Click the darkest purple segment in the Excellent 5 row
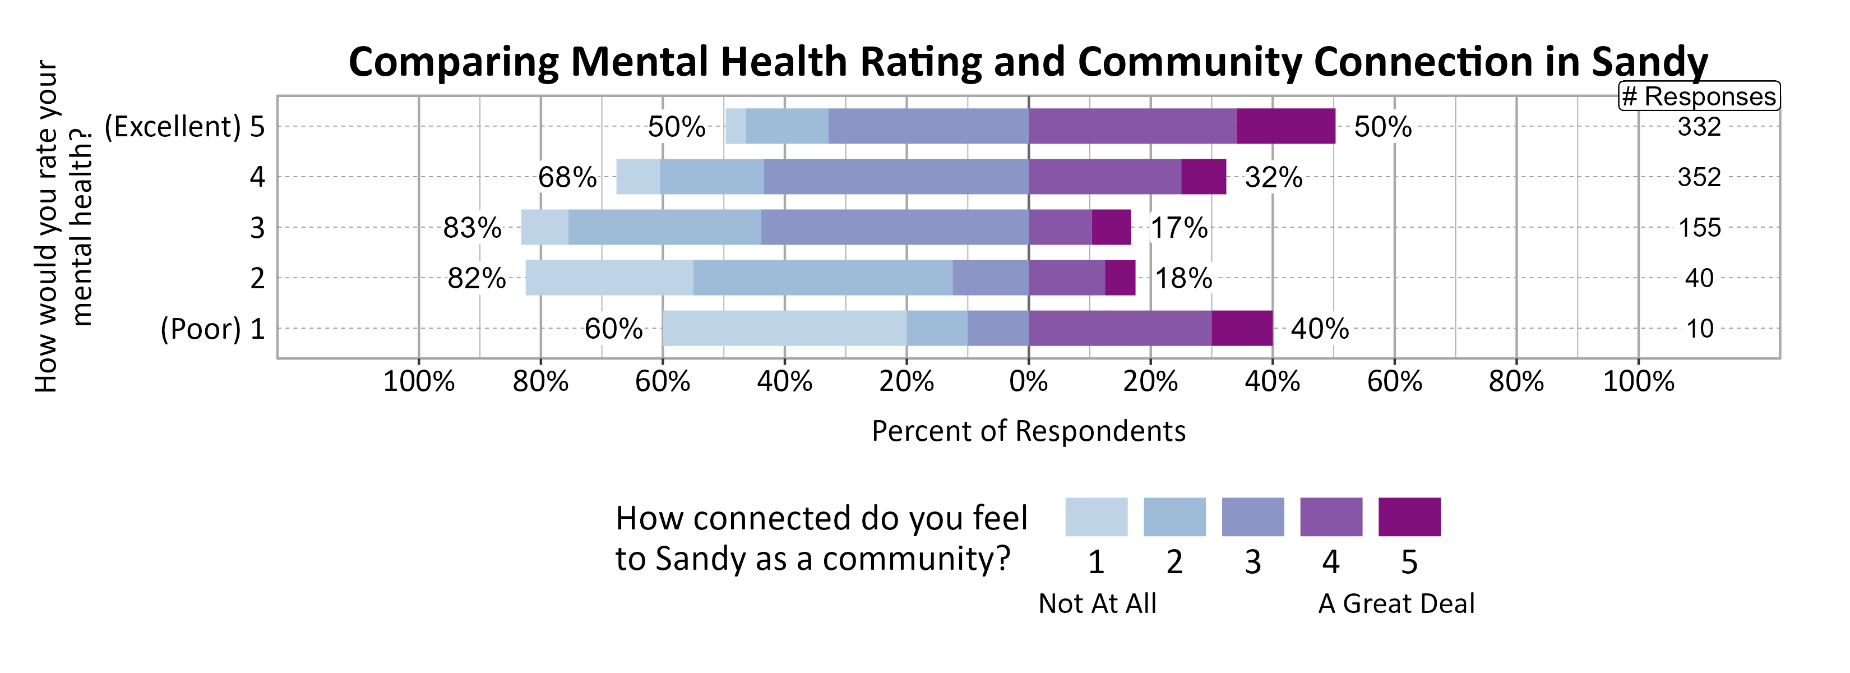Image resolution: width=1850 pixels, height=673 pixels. pos(1285,126)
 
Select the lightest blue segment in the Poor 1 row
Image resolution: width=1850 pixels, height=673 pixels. pos(784,328)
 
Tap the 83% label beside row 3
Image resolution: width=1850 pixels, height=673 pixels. pos(472,228)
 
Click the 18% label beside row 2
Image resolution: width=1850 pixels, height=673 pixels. pos(1183,278)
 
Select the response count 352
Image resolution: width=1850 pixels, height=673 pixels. pos(1699,177)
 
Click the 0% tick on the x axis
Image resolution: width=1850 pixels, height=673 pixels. pos(1028,381)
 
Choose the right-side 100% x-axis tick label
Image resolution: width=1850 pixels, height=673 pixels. pos(1638,381)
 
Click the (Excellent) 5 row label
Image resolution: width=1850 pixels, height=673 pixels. pos(184,126)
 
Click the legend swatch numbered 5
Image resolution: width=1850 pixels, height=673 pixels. pos(1409,517)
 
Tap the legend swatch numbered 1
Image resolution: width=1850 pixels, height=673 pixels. pos(1096,517)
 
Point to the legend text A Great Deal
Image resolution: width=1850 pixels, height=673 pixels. pos(1395,603)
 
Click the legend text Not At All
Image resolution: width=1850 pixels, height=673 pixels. pos(1097,603)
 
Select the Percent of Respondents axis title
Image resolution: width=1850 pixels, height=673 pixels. pos(1028,431)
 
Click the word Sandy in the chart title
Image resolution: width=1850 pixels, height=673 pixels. pos(1650,62)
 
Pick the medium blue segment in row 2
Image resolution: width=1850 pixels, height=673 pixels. pos(823,278)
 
